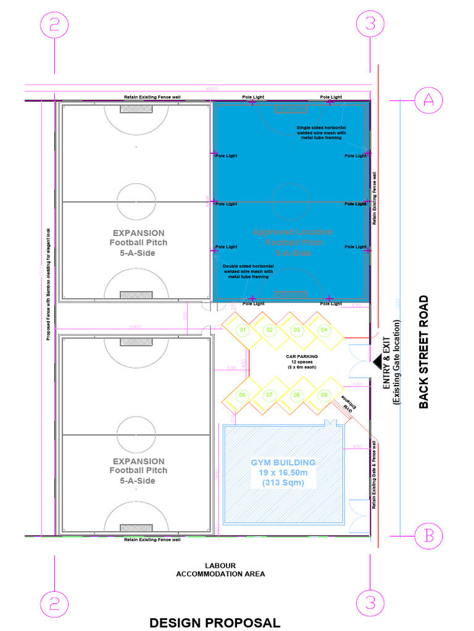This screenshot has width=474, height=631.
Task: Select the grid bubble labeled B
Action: [x=428, y=536]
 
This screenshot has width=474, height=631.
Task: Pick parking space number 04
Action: [x=323, y=330]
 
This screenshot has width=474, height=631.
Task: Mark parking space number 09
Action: [x=323, y=394]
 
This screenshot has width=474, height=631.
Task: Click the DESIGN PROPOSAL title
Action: [x=215, y=622]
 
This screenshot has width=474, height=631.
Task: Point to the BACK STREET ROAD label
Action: [x=423, y=352]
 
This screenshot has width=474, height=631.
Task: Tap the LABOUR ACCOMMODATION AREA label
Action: [x=220, y=570]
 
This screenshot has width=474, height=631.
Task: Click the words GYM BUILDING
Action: [x=283, y=462]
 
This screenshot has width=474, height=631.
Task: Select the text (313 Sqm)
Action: [x=283, y=482]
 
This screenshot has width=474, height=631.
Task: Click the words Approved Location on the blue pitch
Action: [x=293, y=232]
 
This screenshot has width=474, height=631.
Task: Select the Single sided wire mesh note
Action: [x=320, y=132]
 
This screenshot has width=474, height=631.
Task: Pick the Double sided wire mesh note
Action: [x=245, y=272]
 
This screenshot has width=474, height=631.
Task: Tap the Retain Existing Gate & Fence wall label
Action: [x=374, y=473]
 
